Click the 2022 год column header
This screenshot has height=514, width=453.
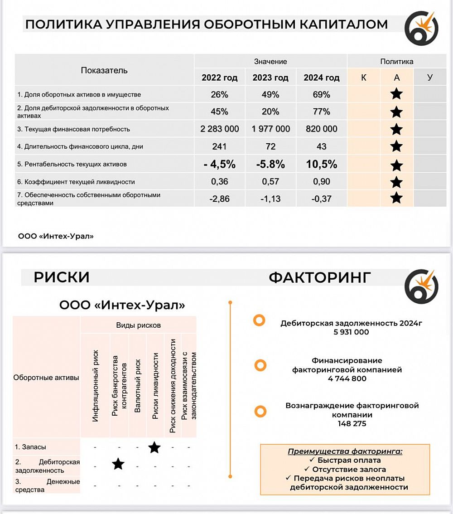click(220, 78)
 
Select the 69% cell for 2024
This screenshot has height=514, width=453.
click(322, 95)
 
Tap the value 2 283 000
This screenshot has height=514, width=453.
click(220, 129)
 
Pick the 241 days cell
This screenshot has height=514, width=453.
click(220, 146)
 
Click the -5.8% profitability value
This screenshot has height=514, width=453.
click(271, 164)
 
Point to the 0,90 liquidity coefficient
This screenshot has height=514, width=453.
click(322, 182)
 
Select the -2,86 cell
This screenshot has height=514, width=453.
click(220, 199)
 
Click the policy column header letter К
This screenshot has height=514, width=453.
click(364, 78)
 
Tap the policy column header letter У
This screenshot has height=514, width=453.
click(430, 78)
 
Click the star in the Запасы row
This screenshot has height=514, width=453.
click(154, 447)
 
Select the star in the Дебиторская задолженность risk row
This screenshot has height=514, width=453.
click(118, 464)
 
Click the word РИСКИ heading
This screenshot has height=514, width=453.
click(62, 277)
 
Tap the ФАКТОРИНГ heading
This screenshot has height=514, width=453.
click(320, 277)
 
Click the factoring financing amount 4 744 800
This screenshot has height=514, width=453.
click(347, 379)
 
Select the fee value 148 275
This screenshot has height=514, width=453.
click(352, 424)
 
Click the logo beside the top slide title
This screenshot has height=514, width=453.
click(421, 28)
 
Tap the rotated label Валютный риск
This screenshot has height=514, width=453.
click(138, 385)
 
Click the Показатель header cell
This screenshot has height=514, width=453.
click(104, 70)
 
